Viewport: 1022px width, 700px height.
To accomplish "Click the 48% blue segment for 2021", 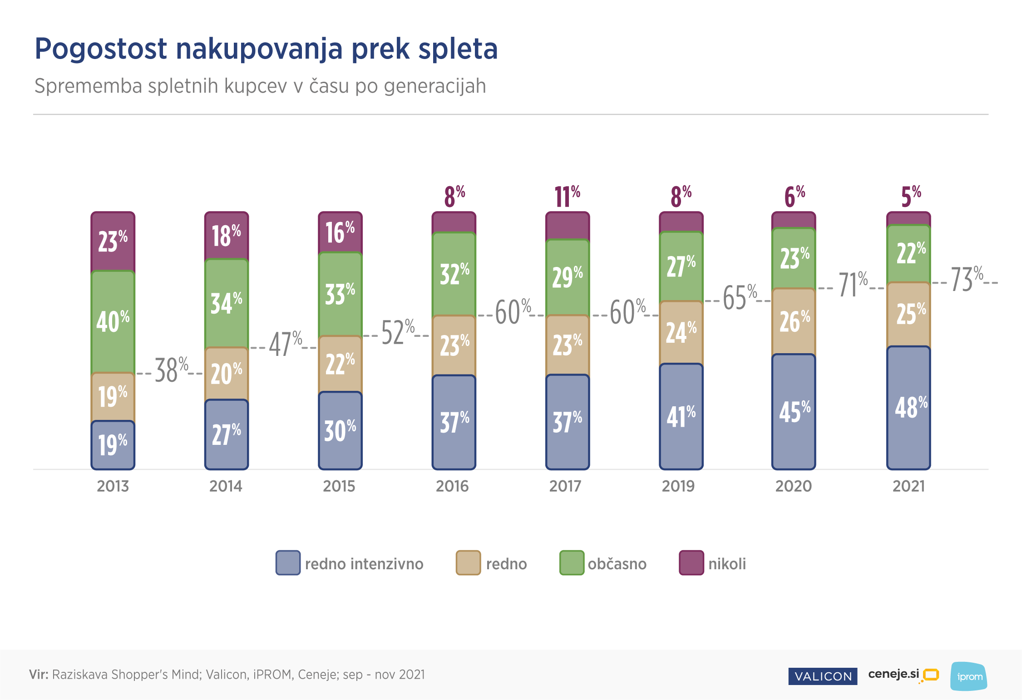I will click(908, 408).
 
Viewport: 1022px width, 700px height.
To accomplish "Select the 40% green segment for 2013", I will click(113, 322).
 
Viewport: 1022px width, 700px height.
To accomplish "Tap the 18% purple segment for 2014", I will click(227, 236).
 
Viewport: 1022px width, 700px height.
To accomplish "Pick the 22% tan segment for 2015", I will click(340, 364).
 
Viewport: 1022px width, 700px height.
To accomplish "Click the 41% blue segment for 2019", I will click(681, 416).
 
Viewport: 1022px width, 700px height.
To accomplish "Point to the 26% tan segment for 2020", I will click(794, 321).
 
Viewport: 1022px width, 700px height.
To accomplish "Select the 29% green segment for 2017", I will click(568, 277).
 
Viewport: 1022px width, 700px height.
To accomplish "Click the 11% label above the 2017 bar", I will click(568, 197).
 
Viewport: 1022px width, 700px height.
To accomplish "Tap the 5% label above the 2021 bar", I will click(910, 197).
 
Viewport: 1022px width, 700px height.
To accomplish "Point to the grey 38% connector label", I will click(171, 370).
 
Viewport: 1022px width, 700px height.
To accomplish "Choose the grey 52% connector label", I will click(397, 333).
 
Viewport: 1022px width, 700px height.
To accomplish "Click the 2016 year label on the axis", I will click(452, 486).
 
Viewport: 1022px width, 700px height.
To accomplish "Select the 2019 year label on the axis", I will click(678, 486).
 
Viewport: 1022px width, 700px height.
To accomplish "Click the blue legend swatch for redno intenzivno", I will click(288, 563).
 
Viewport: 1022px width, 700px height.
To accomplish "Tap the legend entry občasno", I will click(617, 564).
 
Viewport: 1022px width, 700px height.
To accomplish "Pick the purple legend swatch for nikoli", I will click(691, 563).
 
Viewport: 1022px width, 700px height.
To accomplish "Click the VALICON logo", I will click(823, 676).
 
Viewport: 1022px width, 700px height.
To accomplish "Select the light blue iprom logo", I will click(969, 676).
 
